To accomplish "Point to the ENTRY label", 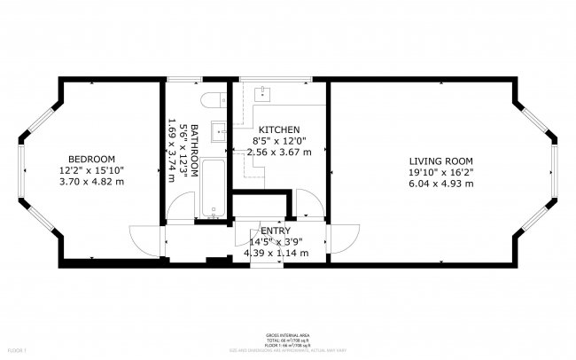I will coord(276,231).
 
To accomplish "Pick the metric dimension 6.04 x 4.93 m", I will coord(440,184).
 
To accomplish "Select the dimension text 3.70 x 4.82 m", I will coord(91,181).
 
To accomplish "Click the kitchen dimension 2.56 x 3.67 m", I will coord(279,152).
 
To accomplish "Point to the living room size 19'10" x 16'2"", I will coord(440,172).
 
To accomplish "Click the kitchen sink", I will coord(265,93).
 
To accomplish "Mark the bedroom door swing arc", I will coord(142,238).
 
